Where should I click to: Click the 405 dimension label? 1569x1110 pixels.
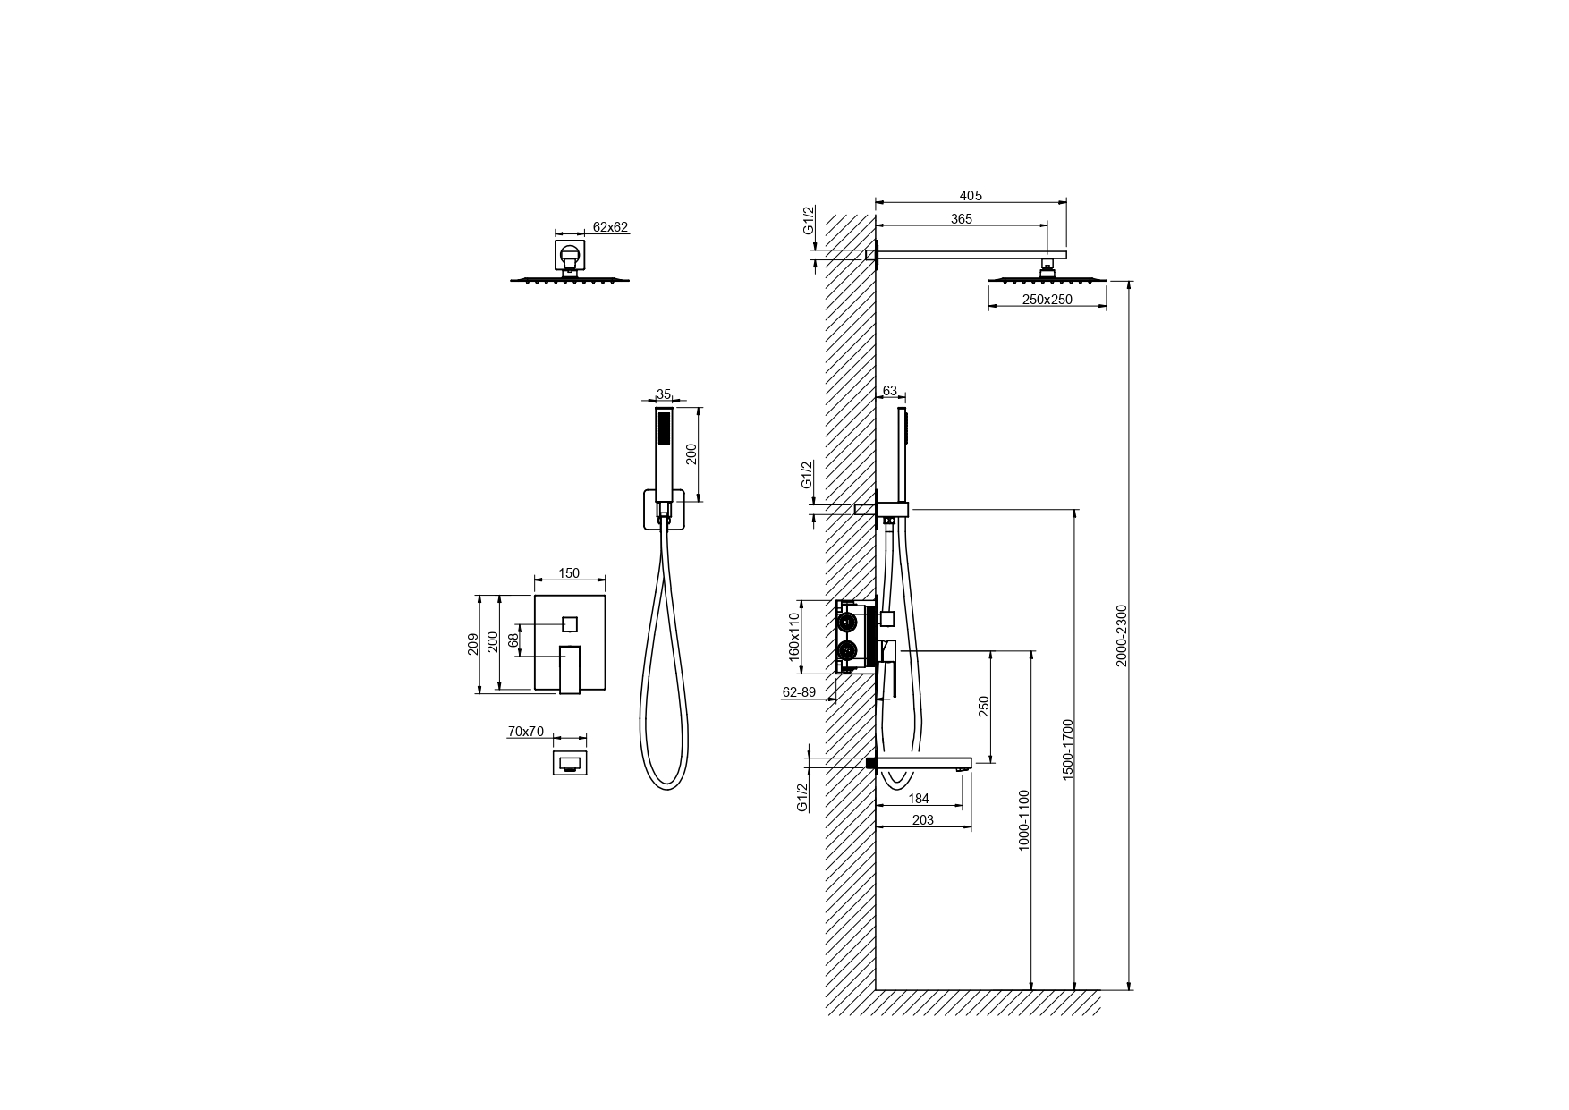(x=971, y=195)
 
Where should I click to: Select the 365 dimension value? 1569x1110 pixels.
(x=961, y=219)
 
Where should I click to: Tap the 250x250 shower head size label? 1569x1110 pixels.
(x=1047, y=300)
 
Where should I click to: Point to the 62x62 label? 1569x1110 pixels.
(x=609, y=227)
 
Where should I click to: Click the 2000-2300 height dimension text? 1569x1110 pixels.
(x=1123, y=635)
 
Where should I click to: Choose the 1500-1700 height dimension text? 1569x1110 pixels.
(x=1068, y=750)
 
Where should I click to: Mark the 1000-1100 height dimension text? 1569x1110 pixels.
(x=1025, y=819)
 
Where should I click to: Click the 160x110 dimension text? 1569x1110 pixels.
(x=793, y=637)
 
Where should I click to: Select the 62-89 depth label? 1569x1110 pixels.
(x=799, y=691)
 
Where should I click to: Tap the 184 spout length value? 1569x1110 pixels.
(x=919, y=799)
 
